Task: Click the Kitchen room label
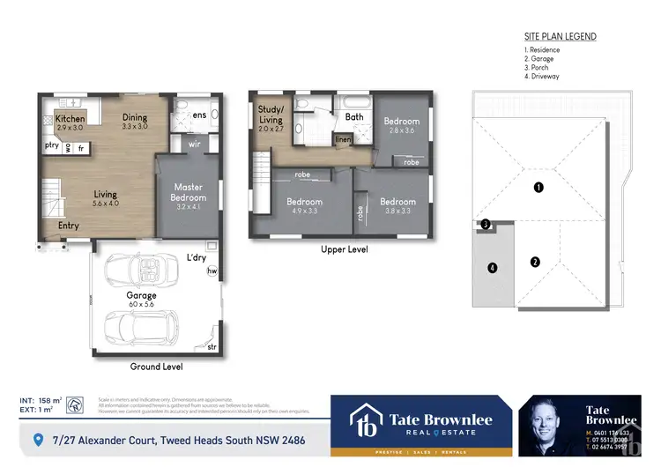(70, 118)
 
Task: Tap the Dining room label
(135, 117)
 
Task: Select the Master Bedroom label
(189, 192)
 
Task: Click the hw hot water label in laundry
(212, 271)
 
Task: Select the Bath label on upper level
(354, 116)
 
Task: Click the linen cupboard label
(343, 139)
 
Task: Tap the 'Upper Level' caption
(339, 249)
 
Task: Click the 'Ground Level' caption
(155, 366)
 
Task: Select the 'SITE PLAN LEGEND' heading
(560, 37)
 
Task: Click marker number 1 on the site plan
(538, 187)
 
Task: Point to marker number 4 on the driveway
(493, 268)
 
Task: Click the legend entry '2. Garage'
(541, 59)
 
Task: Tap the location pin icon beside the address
(37, 439)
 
